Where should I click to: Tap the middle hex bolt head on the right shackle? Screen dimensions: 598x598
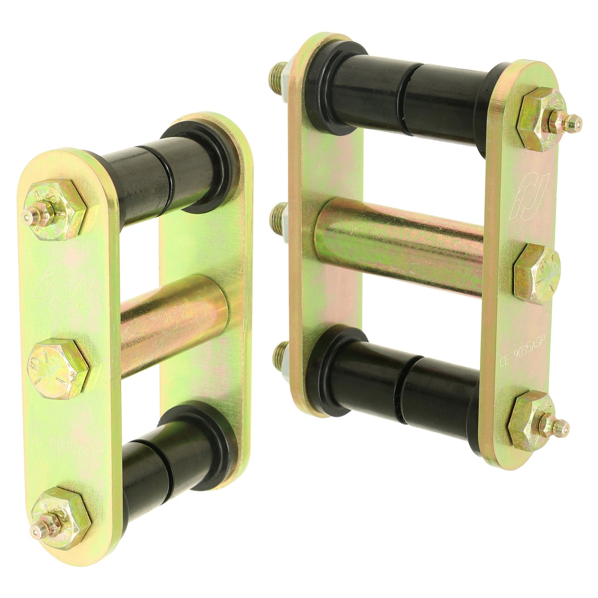click(536, 274)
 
